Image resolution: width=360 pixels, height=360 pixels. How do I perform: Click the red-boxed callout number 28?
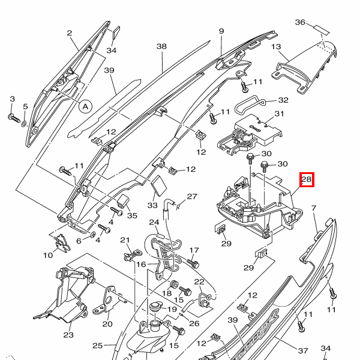(x=307, y=179)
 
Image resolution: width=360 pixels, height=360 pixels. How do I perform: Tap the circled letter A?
(x=85, y=107)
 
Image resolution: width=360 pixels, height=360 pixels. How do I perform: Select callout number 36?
(x=300, y=22)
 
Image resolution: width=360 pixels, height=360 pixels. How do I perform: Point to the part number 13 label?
(x=276, y=47)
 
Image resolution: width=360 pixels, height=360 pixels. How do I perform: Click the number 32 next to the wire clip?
(x=283, y=100)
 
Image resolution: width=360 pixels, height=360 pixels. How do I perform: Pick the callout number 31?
(x=279, y=113)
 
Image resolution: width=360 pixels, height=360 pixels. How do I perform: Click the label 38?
(x=161, y=47)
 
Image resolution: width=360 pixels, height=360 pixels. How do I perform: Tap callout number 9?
(x=221, y=31)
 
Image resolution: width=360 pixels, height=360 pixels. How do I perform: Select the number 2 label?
(x=70, y=33)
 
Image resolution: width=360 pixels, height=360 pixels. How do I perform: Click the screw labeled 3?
(x=14, y=118)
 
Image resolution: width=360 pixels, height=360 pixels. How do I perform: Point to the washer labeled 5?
(x=24, y=124)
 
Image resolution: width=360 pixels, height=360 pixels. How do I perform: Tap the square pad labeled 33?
(x=158, y=185)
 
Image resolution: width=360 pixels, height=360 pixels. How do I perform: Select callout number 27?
(x=192, y=197)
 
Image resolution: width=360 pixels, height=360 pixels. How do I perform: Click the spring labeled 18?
(x=174, y=284)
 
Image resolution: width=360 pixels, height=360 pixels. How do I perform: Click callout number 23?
(x=68, y=335)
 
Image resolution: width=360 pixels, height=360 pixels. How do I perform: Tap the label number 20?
(x=107, y=324)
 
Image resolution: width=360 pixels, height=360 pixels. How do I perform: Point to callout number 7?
(x=314, y=208)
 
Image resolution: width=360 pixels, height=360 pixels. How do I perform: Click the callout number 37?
(x=303, y=350)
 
